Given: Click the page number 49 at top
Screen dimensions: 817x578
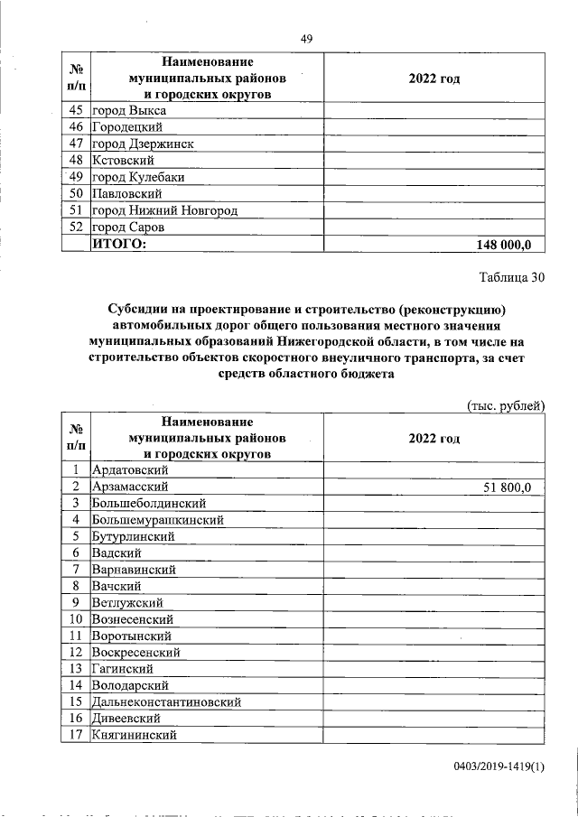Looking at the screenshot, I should pos(306,38).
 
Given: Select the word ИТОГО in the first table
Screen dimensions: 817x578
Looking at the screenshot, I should pos(118,245).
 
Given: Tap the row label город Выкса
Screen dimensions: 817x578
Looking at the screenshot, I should pos(128,110).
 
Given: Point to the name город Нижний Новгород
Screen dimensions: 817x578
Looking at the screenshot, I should pos(164,210).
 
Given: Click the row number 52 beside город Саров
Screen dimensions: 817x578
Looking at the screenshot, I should pos(76,227).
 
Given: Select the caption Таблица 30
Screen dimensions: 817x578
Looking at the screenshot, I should pos(511,278).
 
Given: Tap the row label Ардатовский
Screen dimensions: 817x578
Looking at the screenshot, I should pos(129,470).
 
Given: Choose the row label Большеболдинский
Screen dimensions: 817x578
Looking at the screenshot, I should pos(149,503).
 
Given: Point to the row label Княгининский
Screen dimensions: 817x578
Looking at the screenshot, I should pos(134,735).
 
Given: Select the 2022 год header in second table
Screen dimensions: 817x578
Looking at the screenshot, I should pos(433,438).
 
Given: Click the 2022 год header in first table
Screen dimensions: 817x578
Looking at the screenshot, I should pos(433,79).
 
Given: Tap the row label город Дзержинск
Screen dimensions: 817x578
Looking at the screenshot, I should pos(143,144).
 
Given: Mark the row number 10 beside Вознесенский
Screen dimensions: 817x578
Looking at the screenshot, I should pos(76,619).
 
